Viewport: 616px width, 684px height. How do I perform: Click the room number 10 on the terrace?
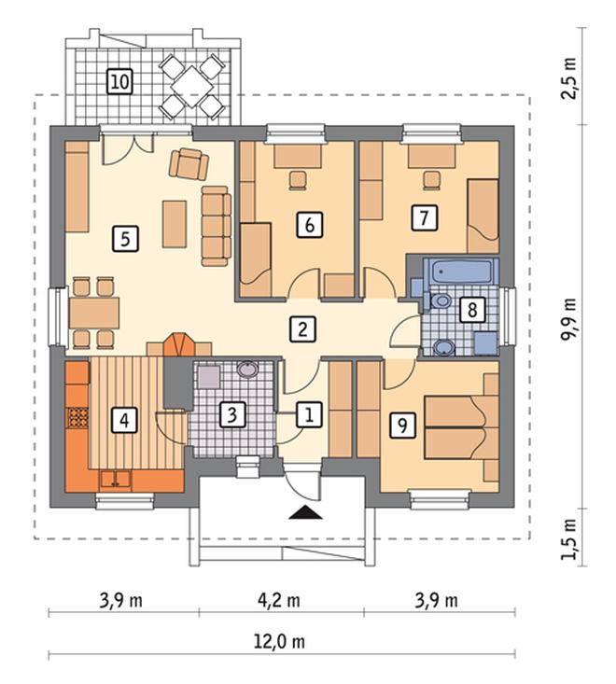(x=120, y=81)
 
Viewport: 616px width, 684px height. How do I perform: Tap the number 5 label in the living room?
(x=126, y=238)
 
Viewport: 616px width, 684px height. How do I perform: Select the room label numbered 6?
(x=310, y=225)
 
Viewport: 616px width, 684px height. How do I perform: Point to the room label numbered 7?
(x=424, y=217)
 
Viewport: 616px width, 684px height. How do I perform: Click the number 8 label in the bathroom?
(x=472, y=310)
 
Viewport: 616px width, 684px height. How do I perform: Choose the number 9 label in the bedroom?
(x=402, y=426)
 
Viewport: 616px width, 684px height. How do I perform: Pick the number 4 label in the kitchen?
(x=124, y=421)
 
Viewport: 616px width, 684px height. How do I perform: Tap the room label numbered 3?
(x=232, y=414)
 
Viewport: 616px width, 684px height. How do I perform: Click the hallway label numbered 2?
(x=302, y=328)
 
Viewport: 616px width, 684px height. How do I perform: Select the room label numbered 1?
(x=309, y=414)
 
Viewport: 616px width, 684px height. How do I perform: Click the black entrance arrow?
(x=305, y=512)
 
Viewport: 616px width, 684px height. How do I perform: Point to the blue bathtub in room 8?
(x=461, y=272)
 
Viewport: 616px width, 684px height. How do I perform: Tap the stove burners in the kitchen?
(x=77, y=417)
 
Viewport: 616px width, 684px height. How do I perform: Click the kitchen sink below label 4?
(x=115, y=479)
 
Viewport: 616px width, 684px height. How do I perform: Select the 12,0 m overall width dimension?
(x=280, y=642)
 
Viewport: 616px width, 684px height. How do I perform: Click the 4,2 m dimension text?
(x=279, y=601)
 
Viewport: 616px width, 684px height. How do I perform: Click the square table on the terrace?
(x=191, y=87)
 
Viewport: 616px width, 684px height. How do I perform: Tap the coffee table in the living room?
(x=175, y=224)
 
